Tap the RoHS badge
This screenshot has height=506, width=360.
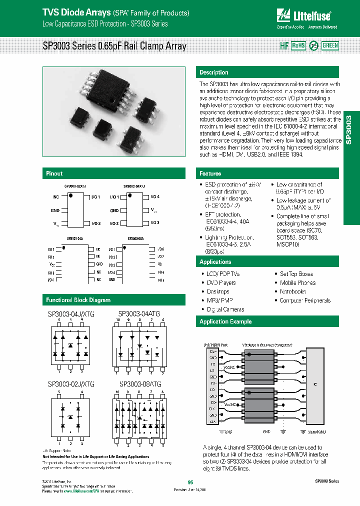click(x=298, y=45)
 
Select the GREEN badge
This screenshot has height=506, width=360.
click(x=330, y=45)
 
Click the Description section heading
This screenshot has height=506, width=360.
click(x=214, y=72)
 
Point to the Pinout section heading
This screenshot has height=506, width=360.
click(x=54, y=173)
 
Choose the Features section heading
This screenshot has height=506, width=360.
click(x=210, y=173)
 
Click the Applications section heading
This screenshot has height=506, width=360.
click(x=215, y=262)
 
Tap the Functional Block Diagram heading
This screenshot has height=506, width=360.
click(x=78, y=300)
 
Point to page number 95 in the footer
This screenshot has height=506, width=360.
click(x=190, y=482)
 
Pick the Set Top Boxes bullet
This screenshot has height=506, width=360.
click(x=296, y=274)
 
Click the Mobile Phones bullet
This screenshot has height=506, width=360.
click(x=297, y=283)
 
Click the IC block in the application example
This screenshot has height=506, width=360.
click(x=315, y=384)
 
